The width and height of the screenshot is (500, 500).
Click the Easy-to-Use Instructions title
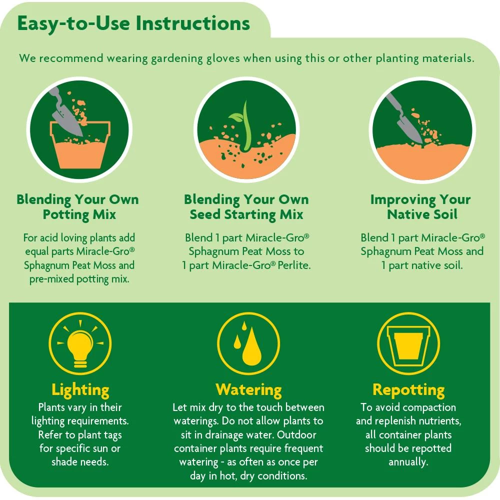[133, 23]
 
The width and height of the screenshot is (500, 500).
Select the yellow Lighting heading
[80, 389]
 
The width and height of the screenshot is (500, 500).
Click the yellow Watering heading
[248, 389]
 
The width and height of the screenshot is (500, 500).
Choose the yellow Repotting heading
[408, 389]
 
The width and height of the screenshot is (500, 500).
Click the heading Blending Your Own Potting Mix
[77, 207]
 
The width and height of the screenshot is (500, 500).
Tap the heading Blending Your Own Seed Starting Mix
[246, 207]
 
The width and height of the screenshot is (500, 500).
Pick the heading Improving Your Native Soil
[421, 207]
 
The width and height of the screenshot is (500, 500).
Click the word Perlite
[294, 265]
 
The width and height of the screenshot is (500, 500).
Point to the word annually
[408, 461]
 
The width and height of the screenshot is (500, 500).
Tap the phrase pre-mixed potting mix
[79, 279]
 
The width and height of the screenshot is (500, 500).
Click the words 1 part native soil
[422, 265]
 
